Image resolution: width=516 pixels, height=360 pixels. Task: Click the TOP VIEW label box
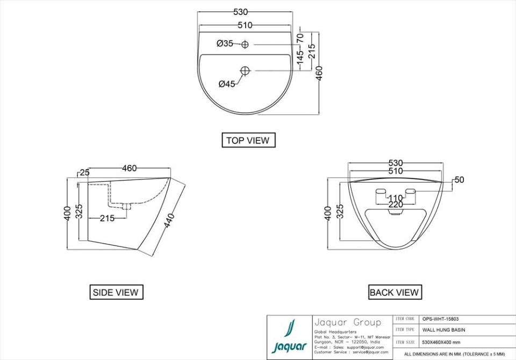[x=248, y=140]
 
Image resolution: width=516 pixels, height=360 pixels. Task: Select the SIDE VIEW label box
[x=116, y=292]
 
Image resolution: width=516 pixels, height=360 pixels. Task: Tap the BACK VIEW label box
[x=394, y=292]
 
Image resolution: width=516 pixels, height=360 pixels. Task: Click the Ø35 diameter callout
[x=225, y=44]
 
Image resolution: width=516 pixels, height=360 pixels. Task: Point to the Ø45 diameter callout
[x=227, y=84]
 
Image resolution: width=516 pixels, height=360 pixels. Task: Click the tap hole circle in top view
[x=245, y=44]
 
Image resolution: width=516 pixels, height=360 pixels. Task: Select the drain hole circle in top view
[x=245, y=70]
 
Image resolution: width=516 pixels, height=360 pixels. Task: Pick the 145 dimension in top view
[x=300, y=56]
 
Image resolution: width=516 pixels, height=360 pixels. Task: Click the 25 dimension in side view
[x=84, y=172]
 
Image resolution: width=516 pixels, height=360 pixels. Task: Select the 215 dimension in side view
[x=107, y=218]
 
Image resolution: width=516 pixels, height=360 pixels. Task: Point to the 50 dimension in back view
[x=458, y=180]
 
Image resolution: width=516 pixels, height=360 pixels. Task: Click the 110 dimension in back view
[x=396, y=198]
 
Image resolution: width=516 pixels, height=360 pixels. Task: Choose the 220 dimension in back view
[x=396, y=205]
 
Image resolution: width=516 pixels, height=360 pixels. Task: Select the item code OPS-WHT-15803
[x=440, y=319]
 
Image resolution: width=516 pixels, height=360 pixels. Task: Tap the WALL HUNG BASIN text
[x=443, y=330]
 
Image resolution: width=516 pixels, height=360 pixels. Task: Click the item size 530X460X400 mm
[x=441, y=342]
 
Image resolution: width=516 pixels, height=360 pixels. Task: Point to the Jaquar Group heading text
[x=347, y=322]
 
